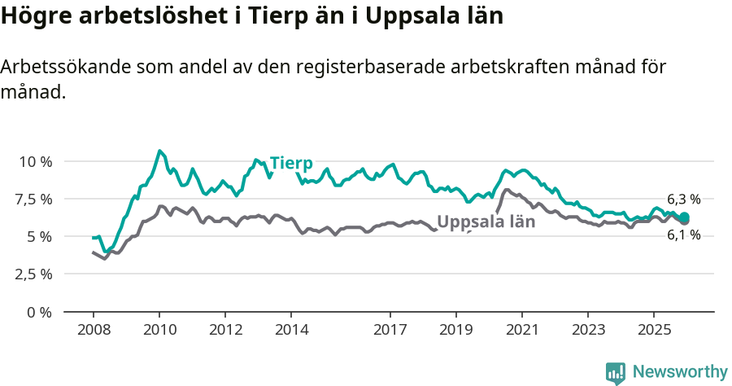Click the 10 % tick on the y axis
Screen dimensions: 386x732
point(34,161)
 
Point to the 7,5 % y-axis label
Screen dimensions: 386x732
point(34,199)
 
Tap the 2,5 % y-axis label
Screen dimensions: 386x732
point(34,274)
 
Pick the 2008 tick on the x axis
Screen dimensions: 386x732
point(94,330)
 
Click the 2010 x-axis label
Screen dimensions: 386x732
point(159,330)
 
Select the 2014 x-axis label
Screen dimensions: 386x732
point(291,330)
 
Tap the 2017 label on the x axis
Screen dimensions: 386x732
point(390,330)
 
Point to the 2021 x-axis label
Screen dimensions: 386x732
point(522,330)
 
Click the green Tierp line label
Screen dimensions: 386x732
point(291,163)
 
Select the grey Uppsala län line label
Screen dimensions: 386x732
point(486,222)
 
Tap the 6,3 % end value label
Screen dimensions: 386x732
point(683,200)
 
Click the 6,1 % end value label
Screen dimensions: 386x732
point(683,235)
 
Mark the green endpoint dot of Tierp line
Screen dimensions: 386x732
point(685,217)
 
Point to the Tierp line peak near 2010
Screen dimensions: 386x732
point(159,151)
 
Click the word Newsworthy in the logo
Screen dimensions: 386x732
point(679,372)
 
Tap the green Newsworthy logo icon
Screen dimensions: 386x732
point(616,373)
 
